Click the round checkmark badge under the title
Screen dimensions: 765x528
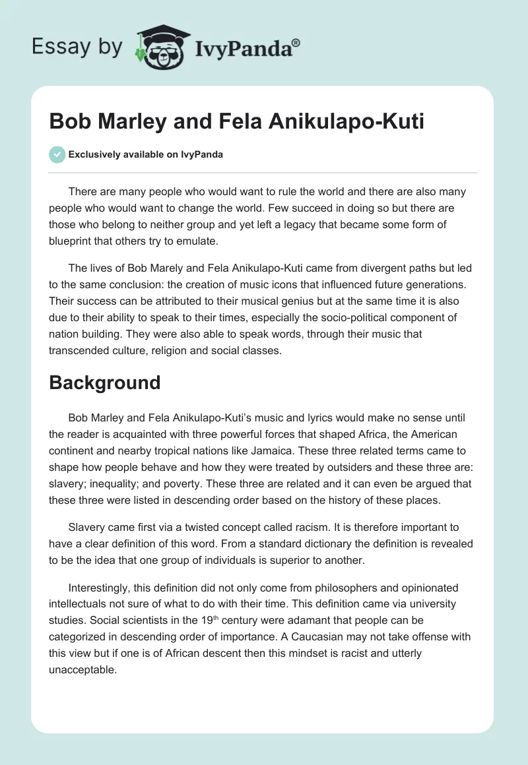tap(57, 155)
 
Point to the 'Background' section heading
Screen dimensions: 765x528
tap(105, 382)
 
